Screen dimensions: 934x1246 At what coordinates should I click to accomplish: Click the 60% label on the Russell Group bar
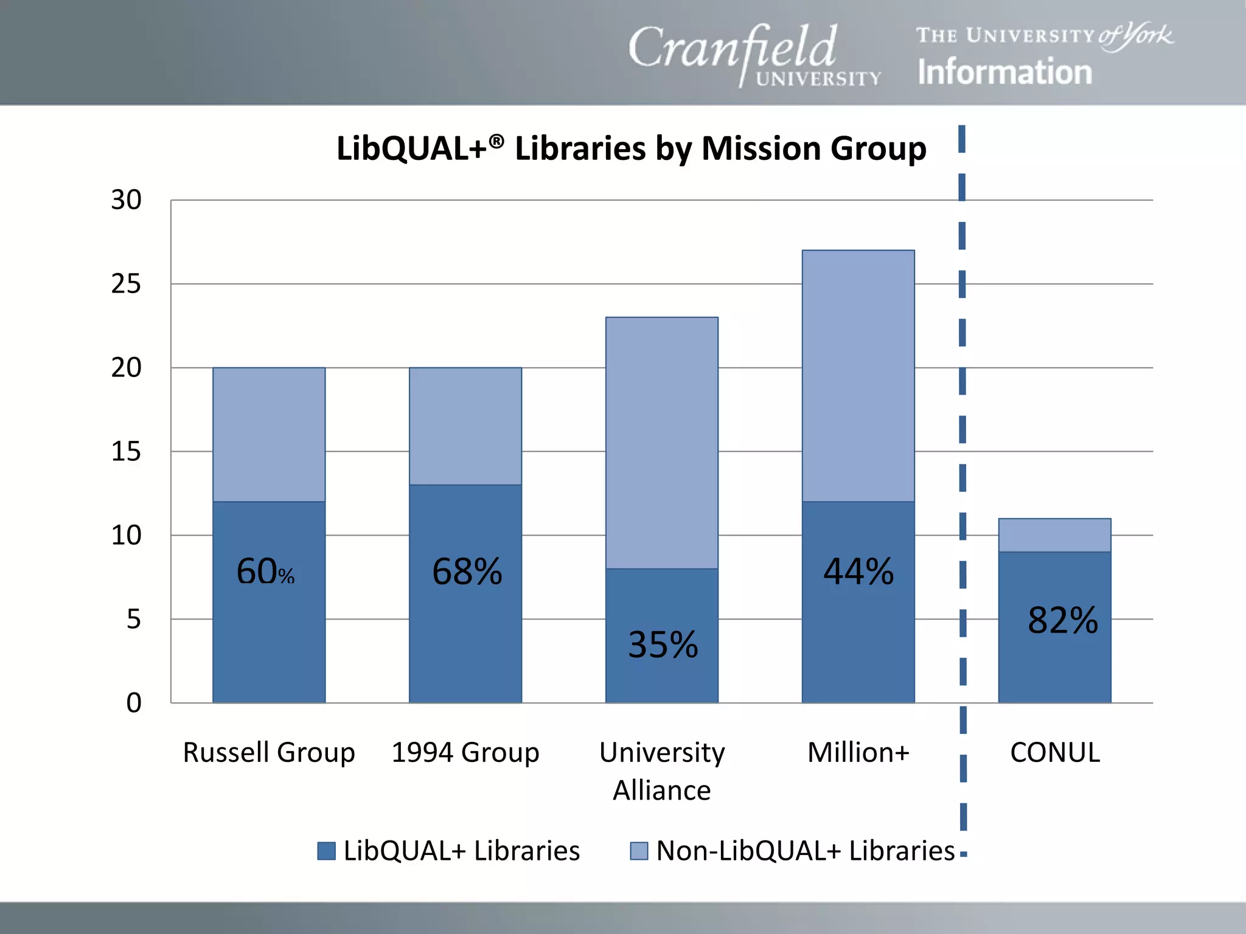coord(265,572)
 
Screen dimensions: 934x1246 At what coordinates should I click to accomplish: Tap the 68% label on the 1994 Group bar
coord(467,572)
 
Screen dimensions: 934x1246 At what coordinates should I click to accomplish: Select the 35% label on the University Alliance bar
coord(663,645)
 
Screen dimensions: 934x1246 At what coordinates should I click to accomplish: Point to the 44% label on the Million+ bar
coord(858,572)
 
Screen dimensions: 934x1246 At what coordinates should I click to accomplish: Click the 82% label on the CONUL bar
coord(1062,620)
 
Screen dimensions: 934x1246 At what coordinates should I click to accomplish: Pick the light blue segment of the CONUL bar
coord(1054,535)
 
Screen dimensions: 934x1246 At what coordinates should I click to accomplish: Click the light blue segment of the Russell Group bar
coord(269,434)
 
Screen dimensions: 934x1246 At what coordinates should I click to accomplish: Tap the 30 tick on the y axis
coord(126,200)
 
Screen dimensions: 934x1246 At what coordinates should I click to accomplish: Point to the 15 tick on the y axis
coord(126,452)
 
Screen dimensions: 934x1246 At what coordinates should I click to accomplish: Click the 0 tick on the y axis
coord(134,703)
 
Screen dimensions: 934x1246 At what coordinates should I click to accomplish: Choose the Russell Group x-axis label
coord(269,753)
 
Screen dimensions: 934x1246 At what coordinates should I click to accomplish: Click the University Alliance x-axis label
coord(662,771)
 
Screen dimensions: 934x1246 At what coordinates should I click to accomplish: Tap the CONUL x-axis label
coord(1054,753)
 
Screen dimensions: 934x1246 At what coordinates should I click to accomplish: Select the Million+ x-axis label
coord(858,753)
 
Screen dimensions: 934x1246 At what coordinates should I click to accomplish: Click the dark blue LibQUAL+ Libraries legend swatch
coord(327,851)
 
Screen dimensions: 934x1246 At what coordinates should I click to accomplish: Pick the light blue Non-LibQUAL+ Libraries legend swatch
coord(639,851)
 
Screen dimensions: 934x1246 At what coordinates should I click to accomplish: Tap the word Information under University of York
coord(1004,72)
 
